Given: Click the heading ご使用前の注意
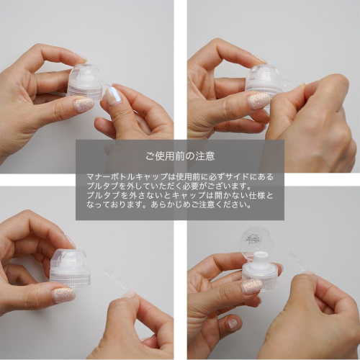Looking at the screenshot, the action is [180, 156].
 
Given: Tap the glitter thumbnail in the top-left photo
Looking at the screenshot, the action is [84, 104].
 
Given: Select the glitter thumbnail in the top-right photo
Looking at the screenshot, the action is [258, 101].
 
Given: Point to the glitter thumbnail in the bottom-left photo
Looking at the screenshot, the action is [63, 295].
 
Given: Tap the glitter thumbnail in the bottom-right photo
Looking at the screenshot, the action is [251, 287].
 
